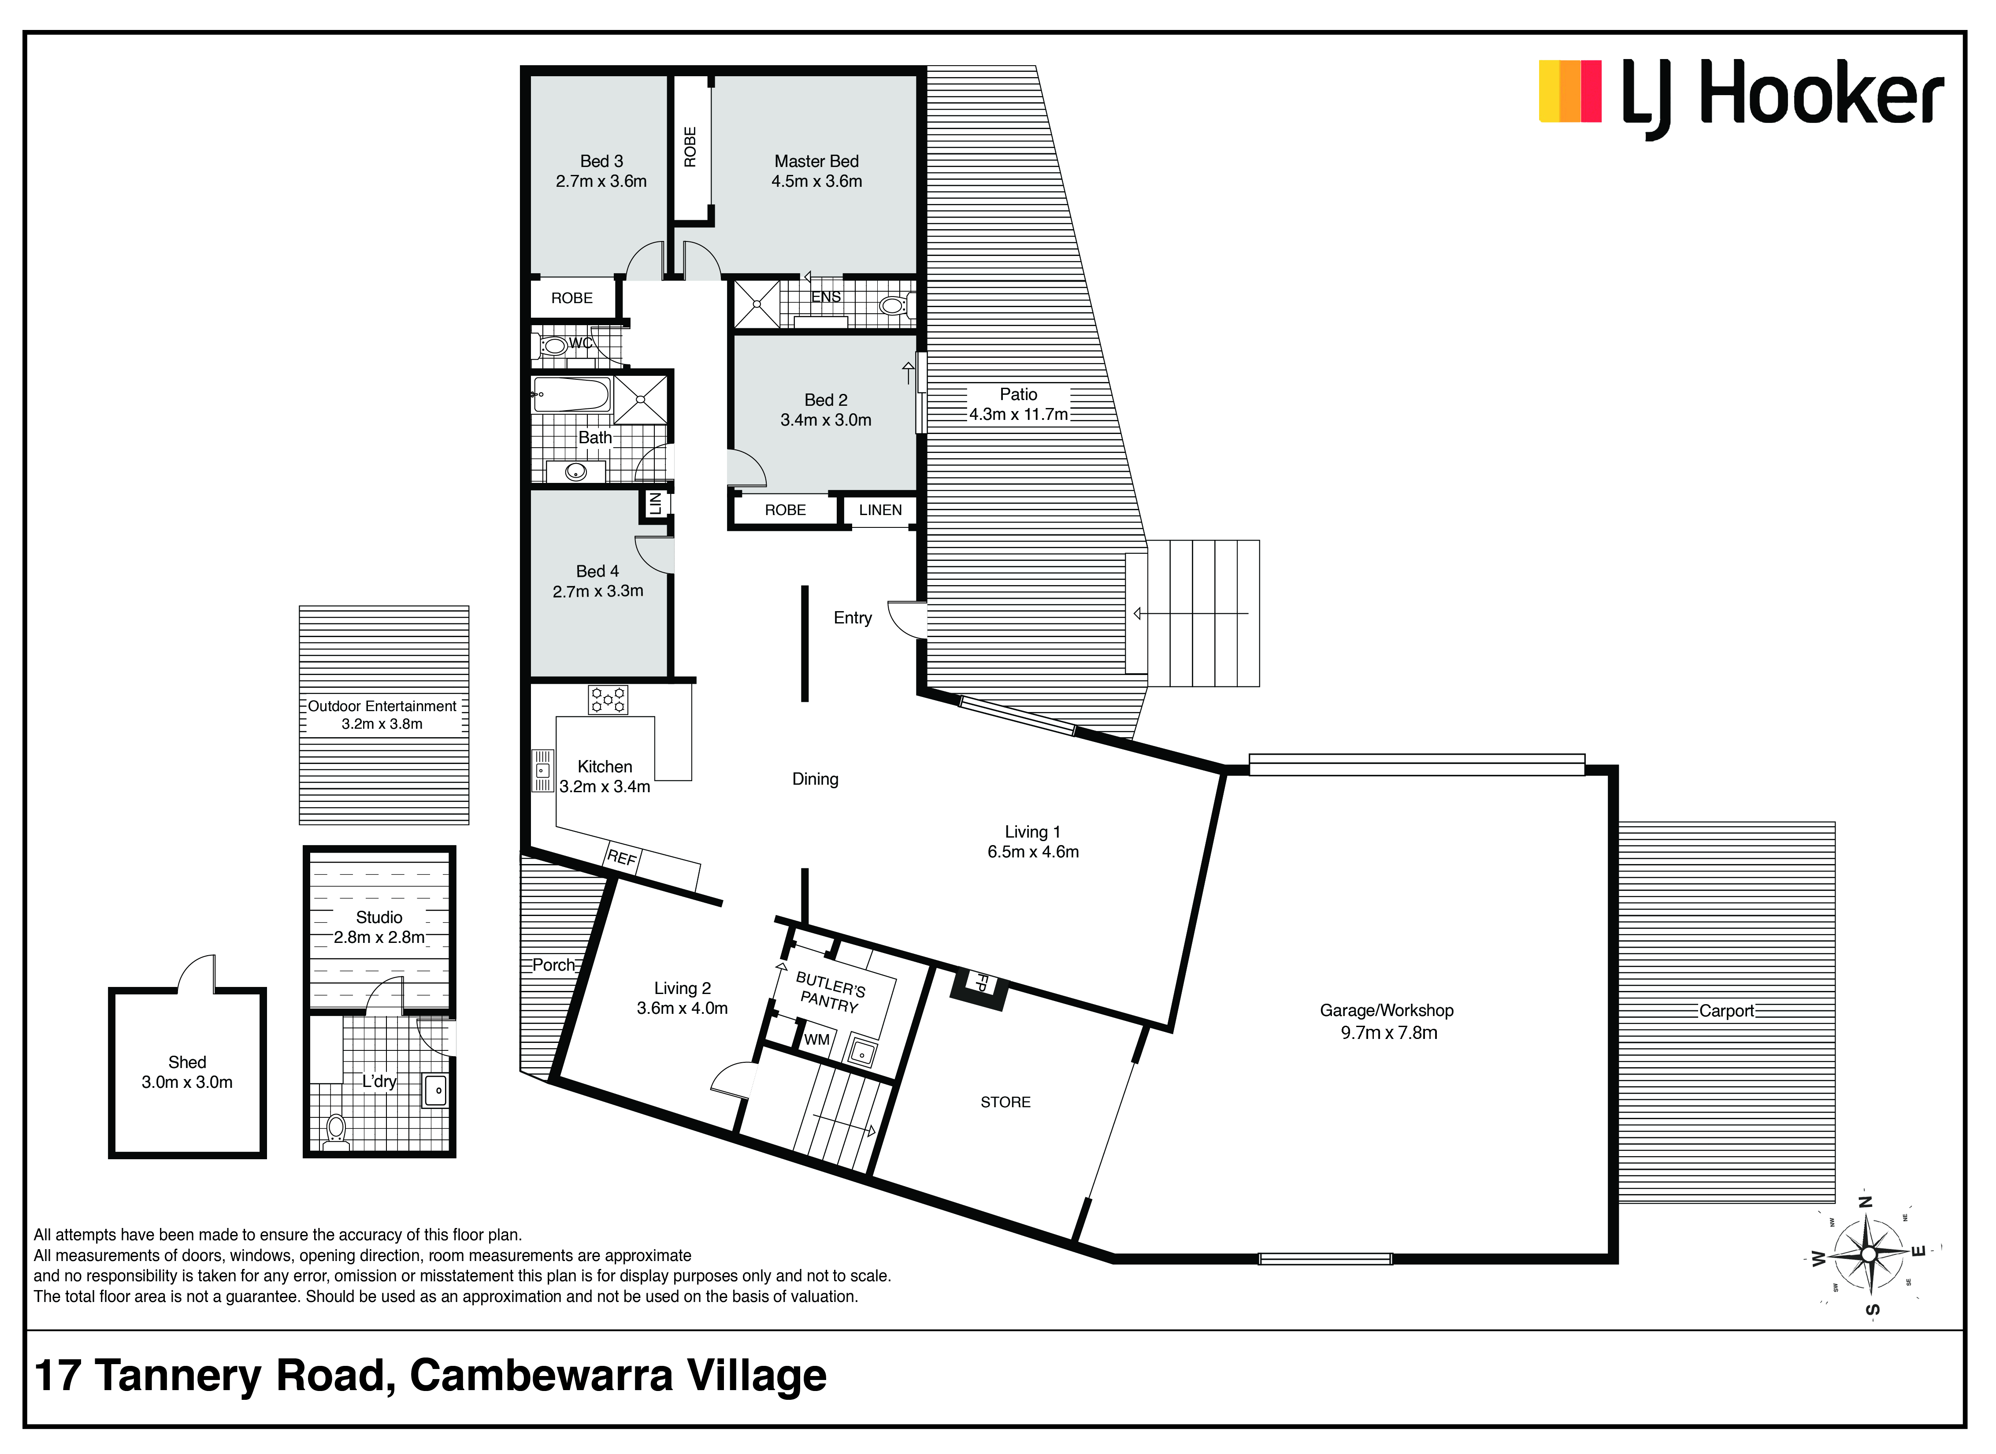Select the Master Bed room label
pyautogui.click(x=816, y=161)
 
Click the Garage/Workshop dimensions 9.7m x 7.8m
pyautogui.click(x=1389, y=1032)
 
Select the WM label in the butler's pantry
pyautogui.click(x=817, y=1039)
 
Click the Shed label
pyautogui.click(x=186, y=1062)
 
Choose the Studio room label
pyautogui.click(x=379, y=917)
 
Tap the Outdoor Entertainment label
pyautogui.click(x=382, y=706)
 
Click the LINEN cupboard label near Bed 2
pyautogui.click(x=880, y=510)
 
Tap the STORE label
pyautogui.click(x=1005, y=1102)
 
